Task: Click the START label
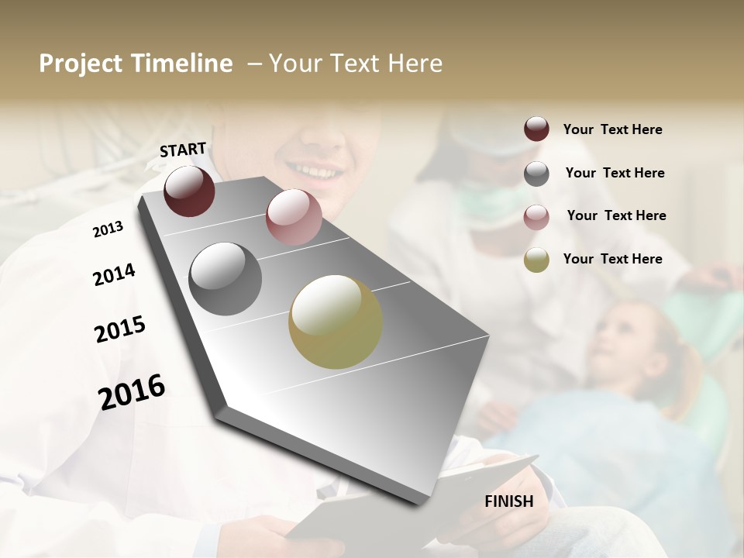coord(183,150)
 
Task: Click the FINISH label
coord(508,501)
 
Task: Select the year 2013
coord(108,229)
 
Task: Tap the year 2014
coord(114,275)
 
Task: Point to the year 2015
coord(120,329)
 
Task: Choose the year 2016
coord(132,391)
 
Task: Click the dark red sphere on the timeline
coord(189,191)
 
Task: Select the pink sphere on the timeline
coord(294,217)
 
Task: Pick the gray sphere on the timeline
coord(225,279)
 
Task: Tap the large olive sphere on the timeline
coord(335,322)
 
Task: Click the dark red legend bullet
coord(536,129)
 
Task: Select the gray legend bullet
coord(536,174)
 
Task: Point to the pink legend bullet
coord(536,216)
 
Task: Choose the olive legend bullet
coord(536,260)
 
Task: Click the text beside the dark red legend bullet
coord(612,129)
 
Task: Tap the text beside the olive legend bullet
coord(612,259)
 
